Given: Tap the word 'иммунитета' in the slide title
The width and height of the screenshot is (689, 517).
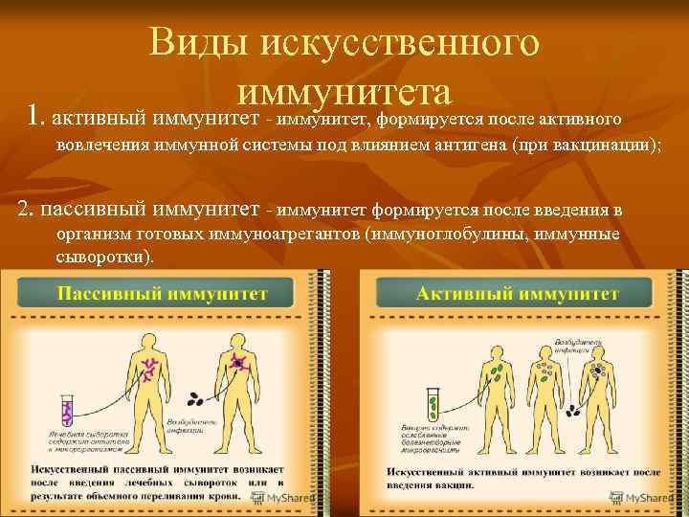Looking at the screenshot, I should coord(344,93).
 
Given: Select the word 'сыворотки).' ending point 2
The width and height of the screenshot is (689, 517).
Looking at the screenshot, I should coord(104,258).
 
